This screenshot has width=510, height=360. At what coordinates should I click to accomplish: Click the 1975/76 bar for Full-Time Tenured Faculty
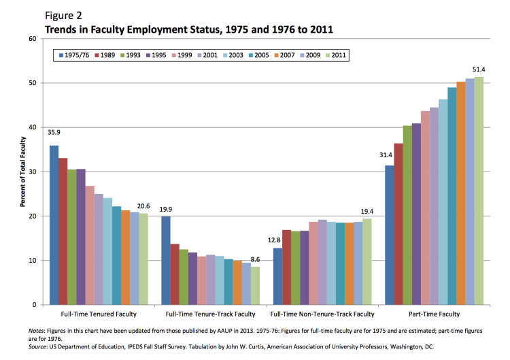pos(54,225)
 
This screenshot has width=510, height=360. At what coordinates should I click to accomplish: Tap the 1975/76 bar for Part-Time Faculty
pos(389,235)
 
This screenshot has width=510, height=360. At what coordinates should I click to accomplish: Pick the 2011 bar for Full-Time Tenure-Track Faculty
pos(255,286)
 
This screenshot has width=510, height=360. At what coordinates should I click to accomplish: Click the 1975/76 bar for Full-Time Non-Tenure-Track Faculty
pos(277,276)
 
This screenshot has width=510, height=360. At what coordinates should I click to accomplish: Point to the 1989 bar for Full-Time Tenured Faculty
pos(63,231)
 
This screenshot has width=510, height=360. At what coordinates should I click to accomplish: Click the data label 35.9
pos(54,132)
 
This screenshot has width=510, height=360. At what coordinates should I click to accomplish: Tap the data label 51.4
pos(479,69)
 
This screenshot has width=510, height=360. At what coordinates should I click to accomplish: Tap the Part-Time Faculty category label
pos(434,314)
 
